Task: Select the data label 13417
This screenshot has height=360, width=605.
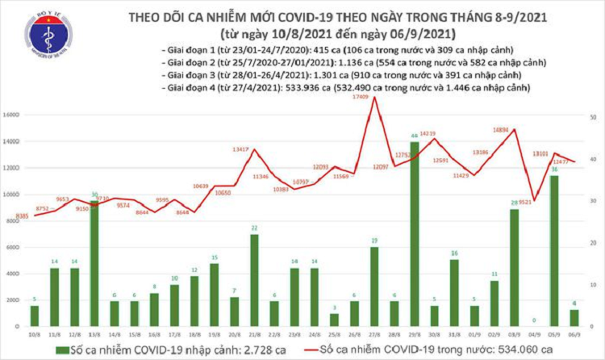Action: pos(245,149)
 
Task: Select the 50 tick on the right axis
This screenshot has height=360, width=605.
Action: pos(594,117)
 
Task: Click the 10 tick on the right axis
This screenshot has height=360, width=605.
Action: pos(594,285)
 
